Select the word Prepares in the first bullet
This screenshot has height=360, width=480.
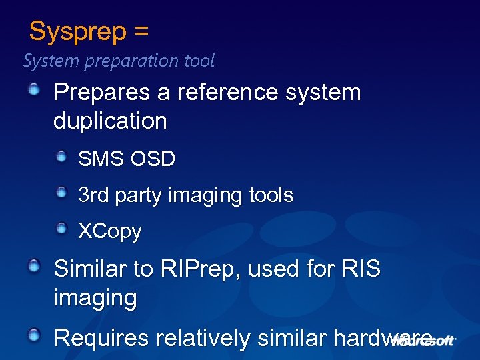(102, 92)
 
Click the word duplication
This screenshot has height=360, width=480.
(110, 121)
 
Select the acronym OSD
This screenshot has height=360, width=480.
(153, 159)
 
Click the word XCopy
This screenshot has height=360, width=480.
(110, 231)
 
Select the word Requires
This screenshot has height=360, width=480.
(101, 338)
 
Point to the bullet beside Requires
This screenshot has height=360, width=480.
(34, 335)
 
